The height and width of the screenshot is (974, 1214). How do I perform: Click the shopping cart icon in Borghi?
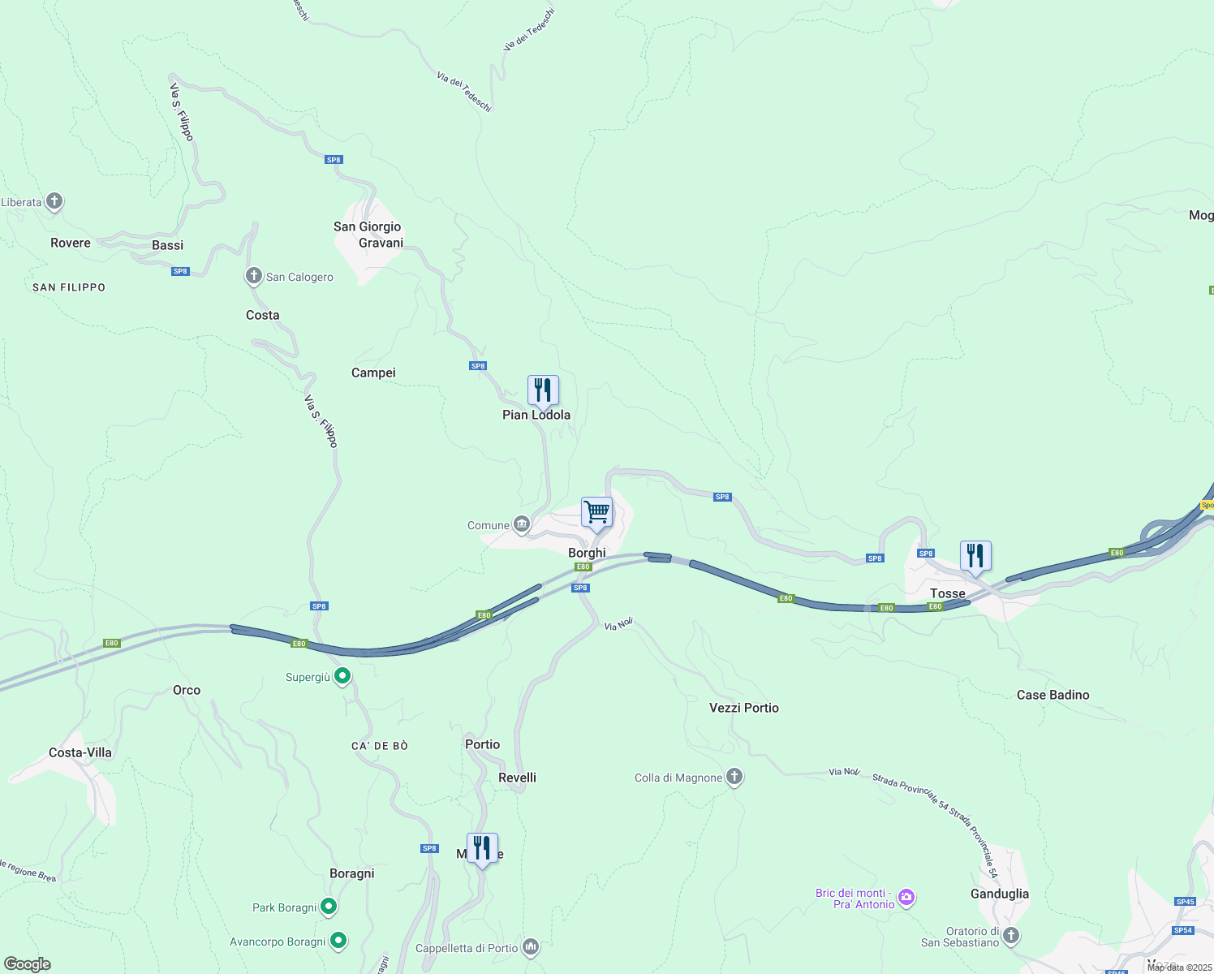tap(596, 513)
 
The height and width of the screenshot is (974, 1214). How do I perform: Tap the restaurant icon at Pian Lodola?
tap(543, 390)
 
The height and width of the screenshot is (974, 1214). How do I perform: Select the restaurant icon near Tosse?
tap(975, 556)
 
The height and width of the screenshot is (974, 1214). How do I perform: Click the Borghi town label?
tap(587, 553)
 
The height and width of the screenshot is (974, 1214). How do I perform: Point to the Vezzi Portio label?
tap(743, 708)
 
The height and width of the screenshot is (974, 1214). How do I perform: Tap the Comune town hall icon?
tap(522, 524)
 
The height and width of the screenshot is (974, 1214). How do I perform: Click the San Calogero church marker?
tap(254, 276)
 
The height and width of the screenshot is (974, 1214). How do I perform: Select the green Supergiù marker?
tap(342, 676)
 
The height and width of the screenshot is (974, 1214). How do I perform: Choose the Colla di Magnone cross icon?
tap(734, 777)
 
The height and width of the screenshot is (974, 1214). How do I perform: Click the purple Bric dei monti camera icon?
tap(906, 898)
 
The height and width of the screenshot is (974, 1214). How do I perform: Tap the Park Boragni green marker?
tap(329, 907)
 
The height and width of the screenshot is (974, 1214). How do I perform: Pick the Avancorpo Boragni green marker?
tap(338, 941)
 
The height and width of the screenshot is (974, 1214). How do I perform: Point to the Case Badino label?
tap(1053, 695)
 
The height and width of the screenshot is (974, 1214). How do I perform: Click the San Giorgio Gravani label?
tap(368, 235)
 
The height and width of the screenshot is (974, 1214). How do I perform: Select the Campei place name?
tap(373, 373)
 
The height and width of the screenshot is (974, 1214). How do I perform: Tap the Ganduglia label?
tap(999, 894)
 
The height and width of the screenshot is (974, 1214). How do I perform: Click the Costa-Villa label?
tap(80, 752)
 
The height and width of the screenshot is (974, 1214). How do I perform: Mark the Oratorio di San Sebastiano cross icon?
tap(1010, 935)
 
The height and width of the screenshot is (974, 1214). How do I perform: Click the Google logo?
tap(28, 963)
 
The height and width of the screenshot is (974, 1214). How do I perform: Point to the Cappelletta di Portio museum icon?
tap(531, 947)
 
